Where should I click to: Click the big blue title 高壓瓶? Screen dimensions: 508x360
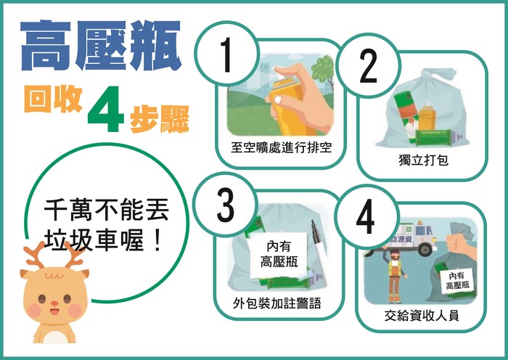coord(101,46)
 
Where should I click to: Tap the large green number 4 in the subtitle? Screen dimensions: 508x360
coord(106,109)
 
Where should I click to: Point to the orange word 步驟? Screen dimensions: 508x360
coord(160,120)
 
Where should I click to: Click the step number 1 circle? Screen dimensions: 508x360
coord(226,54)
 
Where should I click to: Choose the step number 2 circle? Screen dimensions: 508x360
coord(368,66)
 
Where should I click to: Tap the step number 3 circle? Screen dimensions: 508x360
coord(225,205)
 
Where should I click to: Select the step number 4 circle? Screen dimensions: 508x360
coord(366,216)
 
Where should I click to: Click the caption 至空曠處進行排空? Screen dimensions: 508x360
coord(282,148)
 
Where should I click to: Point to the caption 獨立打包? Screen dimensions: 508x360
coord(423,160)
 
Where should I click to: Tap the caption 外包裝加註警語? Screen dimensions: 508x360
coord(277,303)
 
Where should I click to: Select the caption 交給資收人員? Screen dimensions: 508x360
coord(422,315)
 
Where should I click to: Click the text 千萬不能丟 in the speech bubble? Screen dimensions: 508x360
coord(107,211)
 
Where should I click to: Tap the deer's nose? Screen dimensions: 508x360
coord(54,303)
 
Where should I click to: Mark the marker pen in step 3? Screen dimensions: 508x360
coord(319,245)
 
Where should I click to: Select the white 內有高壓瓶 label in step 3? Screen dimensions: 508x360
coord(279,255)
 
